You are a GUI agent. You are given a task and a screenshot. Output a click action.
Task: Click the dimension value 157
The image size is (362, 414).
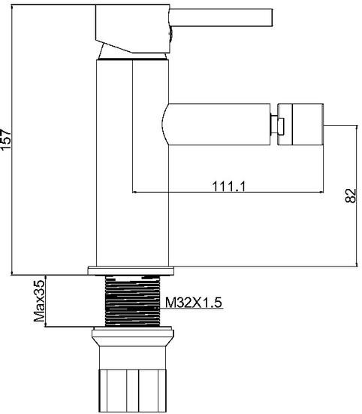coord(7,139)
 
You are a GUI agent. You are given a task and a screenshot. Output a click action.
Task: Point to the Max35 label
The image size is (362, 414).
coord(40,301)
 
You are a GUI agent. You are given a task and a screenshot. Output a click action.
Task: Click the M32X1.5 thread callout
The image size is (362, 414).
coord(193,303)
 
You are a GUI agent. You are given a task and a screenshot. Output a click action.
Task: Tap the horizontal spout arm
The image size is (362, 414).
coord(218,124)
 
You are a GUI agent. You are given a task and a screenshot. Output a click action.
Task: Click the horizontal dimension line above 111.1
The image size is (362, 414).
coord(225,191)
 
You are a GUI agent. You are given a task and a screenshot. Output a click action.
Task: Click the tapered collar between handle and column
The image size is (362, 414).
coord(131,55)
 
